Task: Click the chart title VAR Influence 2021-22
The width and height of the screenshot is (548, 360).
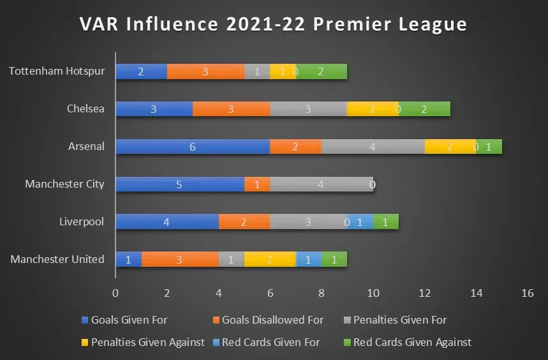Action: [x=273, y=24]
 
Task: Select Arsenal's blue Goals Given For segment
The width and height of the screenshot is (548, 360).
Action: [x=192, y=147]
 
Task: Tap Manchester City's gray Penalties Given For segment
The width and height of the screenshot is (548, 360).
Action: [x=321, y=184]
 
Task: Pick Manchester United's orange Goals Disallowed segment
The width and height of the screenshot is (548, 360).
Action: [x=179, y=260]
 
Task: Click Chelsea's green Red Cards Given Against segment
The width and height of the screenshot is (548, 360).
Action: [x=424, y=109]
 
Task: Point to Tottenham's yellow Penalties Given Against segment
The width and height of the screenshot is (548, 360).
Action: [x=283, y=71]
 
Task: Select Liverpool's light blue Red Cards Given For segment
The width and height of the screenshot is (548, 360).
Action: [x=360, y=222]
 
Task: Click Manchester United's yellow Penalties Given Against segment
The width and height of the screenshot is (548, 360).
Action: [x=270, y=260]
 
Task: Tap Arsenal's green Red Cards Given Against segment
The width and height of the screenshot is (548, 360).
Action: [x=489, y=147]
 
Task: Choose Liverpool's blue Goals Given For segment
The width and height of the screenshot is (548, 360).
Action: [x=167, y=222]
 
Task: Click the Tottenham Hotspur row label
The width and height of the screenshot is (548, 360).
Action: [x=57, y=71]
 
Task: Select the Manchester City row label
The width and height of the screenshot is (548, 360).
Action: [x=64, y=184]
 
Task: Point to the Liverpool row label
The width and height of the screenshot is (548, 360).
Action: [x=82, y=222]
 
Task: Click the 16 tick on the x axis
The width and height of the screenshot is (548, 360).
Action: [x=527, y=293]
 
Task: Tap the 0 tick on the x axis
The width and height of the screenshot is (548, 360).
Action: [x=115, y=293]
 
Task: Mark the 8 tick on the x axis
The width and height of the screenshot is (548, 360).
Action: [x=321, y=293]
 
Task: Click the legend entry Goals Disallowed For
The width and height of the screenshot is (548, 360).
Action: [x=272, y=320]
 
